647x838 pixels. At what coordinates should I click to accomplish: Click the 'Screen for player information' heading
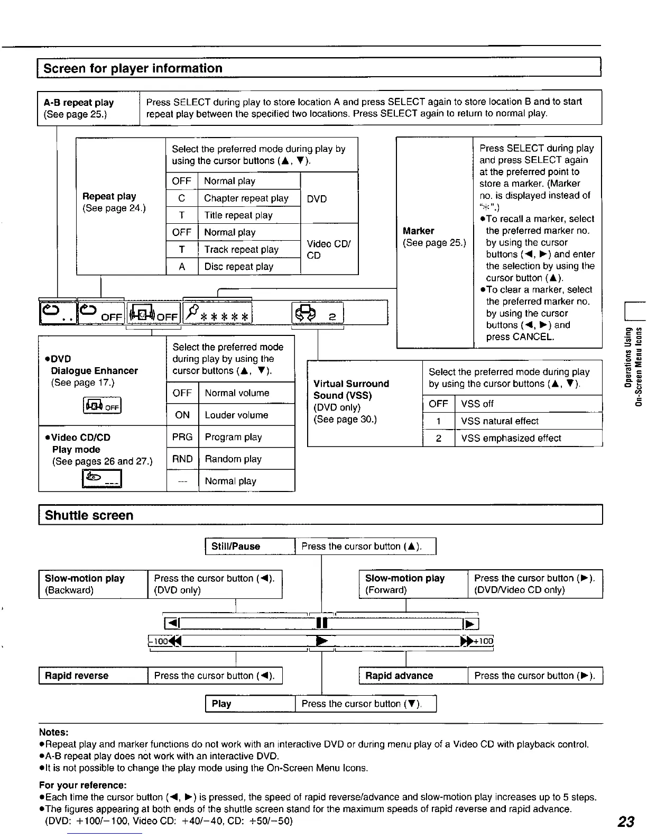pyautogui.click(x=133, y=68)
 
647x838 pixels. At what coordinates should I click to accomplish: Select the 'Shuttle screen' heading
pyautogui.click(x=89, y=515)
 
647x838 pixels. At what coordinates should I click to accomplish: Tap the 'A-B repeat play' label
pyautogui.click(x=79, y=103)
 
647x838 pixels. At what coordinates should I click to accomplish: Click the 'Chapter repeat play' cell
pyautogui.click(x=246, y=198)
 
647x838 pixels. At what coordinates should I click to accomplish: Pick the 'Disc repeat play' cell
pyautogui.click(x=239, y=267)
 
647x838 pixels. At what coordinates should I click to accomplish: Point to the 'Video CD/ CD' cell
pyautogui.click(x=328, y=249)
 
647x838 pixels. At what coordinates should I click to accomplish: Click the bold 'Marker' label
pyautogui.click(x=418, y=231)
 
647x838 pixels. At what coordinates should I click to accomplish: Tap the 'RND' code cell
pyautogui.click(x=182, y=459)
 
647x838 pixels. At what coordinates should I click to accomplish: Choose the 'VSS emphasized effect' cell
pyautogui.click(x=511, y=438)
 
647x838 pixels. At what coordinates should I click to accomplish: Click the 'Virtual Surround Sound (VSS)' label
pyautogui.click(x=350, y=389)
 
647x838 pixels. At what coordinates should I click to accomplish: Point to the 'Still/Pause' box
pyautogui.click(x=236, y=546)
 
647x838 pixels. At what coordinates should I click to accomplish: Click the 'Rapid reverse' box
pyautogui.click(x=77, y=676)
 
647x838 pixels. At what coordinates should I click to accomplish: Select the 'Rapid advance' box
pyautogui.click(x=399, y=676)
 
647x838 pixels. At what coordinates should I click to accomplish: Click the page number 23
pyautogui.click(x=626, y=821)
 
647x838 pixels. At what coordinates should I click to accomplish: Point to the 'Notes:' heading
pyautogui.click(x=54, y=732)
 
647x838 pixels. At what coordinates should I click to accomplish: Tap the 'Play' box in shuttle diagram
pyautogui.click(x=221, y=704)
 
